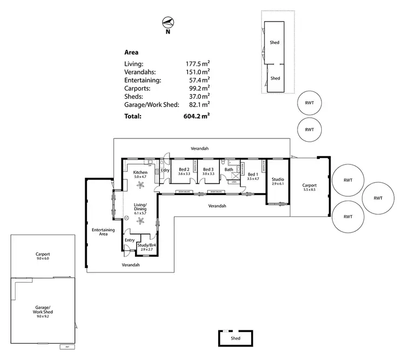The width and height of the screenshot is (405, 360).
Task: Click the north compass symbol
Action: click(168, 22)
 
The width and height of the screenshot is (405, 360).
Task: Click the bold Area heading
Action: click(131, 53)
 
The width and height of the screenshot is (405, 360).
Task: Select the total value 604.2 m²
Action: click(198, 116)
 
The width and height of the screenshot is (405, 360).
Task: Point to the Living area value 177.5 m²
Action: click(198, 63)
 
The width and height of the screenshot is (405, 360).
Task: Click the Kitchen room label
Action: click(140, 173)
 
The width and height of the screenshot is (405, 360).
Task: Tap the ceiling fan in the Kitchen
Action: click(141, 185)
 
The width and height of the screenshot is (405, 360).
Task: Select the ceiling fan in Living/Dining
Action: click(141, 219)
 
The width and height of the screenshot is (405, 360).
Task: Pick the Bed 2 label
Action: click(184, 170)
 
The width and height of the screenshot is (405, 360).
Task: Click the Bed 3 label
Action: click(208, 170)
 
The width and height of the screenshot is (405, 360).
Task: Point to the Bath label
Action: click(229, 170)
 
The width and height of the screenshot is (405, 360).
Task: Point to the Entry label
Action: click(130, 240)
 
